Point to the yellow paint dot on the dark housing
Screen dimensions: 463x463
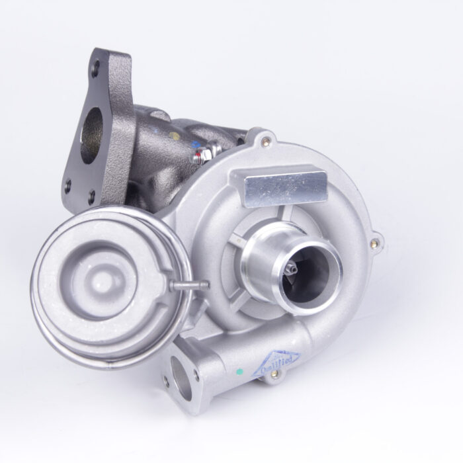[x=173, y=136]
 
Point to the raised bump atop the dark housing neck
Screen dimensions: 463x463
[x=161, y=114]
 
